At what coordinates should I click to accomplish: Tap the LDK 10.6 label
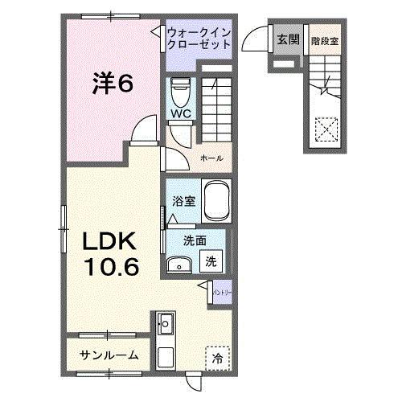(x=110, y=251)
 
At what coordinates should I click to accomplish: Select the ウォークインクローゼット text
(x=199, y=39)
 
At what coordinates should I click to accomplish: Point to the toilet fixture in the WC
(x=180, y=89)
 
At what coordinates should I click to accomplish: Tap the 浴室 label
(x=183, y=202)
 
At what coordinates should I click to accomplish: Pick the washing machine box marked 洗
(x=211, y=261)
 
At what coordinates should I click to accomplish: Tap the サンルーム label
(x=109, y=355)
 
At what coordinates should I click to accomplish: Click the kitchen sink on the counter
(x=166, y=325)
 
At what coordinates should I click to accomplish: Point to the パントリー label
(x=221, y=289)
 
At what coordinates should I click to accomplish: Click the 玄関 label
(x=287, y=39)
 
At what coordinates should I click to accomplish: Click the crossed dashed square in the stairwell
(x=325, y=129)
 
